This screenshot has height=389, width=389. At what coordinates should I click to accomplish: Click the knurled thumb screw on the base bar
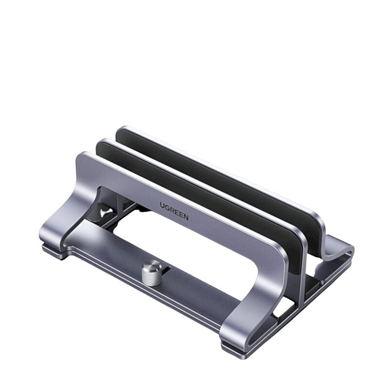[x=151, y=273]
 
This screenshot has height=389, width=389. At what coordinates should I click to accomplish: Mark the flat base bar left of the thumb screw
[x=104, y=254]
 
